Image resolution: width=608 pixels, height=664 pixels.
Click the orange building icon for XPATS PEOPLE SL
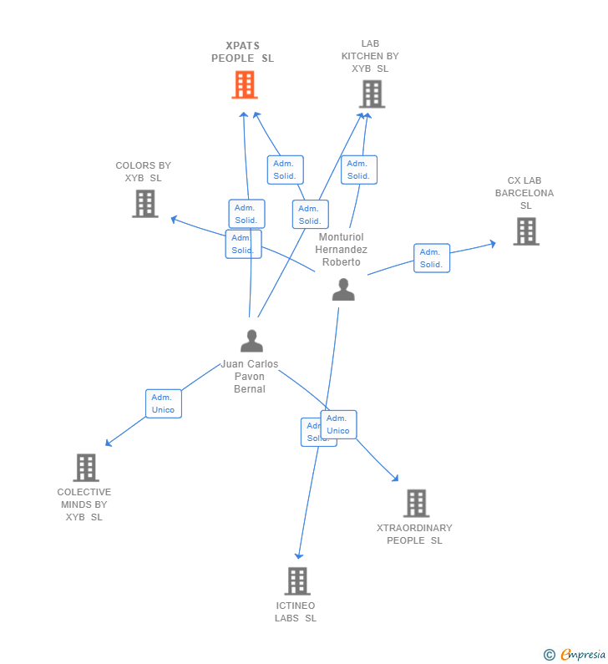(245, 85)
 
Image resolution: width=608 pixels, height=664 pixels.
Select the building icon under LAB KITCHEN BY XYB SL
(372, 94)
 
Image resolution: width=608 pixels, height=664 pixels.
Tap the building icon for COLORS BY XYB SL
(144, 204)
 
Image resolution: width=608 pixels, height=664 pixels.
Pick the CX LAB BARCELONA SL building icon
(525, 231)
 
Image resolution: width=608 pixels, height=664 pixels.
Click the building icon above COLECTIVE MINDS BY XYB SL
(85, 468)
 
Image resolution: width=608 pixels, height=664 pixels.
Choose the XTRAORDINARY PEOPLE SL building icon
(416, 504)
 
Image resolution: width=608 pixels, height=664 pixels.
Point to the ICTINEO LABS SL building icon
(296, 581)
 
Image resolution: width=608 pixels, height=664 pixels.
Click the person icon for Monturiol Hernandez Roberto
(343, 290)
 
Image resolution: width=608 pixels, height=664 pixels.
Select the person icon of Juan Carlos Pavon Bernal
(251, 341)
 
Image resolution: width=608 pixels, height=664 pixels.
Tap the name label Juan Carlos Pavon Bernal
(250, 377)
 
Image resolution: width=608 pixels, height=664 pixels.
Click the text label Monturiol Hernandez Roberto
(341, 250)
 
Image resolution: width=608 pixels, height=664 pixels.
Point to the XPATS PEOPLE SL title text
(242, 53)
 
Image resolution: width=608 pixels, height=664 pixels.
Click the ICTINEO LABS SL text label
(296, 611)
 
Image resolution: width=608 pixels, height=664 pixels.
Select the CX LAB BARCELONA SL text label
(524, 193)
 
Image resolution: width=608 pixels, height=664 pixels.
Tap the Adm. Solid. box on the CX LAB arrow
(431, 258)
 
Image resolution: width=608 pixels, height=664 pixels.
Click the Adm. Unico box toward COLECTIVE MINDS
(163, 403)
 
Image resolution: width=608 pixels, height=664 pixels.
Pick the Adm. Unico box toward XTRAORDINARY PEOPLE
(339, 424)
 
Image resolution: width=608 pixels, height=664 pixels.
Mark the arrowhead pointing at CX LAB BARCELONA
(492, 243)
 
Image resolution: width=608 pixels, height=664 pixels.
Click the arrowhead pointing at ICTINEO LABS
(298, 555)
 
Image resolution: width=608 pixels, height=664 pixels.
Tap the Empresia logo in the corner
(576, 654)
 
